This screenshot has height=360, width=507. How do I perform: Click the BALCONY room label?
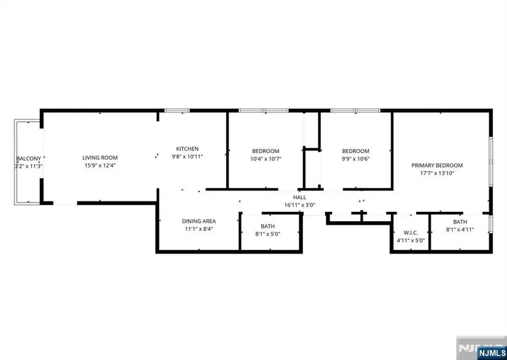[29, 158]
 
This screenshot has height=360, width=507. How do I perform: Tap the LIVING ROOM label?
[100, 158]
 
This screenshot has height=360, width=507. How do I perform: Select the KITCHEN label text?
[187, 149]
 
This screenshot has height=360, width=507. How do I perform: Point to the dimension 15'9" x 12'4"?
[100, 165]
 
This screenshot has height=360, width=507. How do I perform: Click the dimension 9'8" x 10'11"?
[187, 157]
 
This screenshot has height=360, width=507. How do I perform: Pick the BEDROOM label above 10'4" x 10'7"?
[265, 151]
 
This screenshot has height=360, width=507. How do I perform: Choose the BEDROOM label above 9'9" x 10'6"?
[356, 151]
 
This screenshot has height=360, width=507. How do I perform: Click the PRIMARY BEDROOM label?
[437, 165]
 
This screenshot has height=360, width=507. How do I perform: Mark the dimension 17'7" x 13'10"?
[437, 173]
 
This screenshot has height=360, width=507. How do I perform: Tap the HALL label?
[299, 197]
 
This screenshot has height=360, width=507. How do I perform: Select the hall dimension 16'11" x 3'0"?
[299, 205]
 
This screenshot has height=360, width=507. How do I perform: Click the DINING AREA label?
[199, 221]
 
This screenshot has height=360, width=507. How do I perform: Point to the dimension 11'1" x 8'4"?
[199, 229]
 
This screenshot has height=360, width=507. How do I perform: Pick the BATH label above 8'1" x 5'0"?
[268, 226]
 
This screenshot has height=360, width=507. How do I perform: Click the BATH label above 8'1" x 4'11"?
[460, 222]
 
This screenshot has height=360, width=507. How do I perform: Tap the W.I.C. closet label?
[411, 233]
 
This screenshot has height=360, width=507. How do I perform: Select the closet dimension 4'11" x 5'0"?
[411, 240]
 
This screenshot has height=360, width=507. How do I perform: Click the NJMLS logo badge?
[491, 352]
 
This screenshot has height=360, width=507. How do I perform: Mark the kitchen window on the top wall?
[177, 111]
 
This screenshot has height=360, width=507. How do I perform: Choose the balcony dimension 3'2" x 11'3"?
[29, 166]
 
